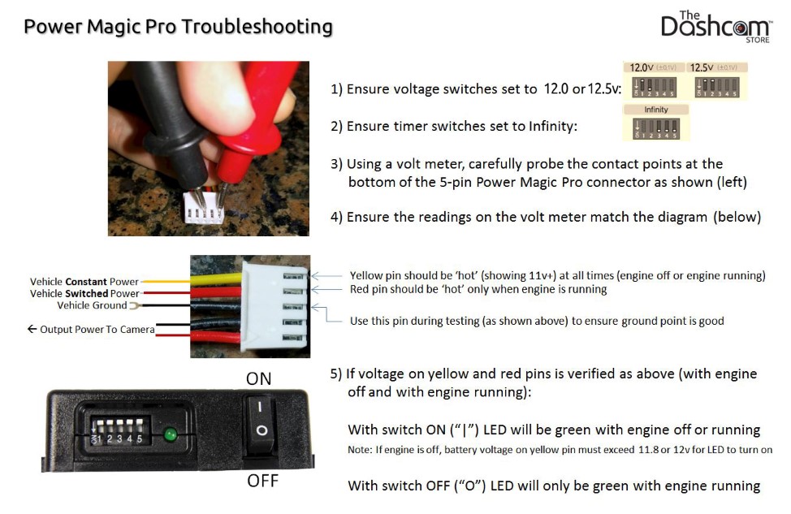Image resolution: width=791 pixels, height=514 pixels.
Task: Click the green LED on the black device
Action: tap(171, 434)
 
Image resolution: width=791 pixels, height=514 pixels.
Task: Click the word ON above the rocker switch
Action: tap(259, 378)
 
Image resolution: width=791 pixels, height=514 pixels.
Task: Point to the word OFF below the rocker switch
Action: tap(262, 481)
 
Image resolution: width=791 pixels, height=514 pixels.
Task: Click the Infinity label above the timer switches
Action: tap(656, 110)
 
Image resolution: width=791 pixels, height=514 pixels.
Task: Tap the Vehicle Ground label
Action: tap(92, 305)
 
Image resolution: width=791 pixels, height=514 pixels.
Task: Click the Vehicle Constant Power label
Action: tap(84, 282)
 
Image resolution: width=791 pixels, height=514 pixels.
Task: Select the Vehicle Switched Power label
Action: tap(84, 294)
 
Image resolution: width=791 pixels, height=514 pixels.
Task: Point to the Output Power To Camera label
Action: tap(91, 330)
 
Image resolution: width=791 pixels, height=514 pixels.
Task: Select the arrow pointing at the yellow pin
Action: tap(326, 276)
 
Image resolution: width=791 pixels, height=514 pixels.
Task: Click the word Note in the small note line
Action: tap(359, 449)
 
